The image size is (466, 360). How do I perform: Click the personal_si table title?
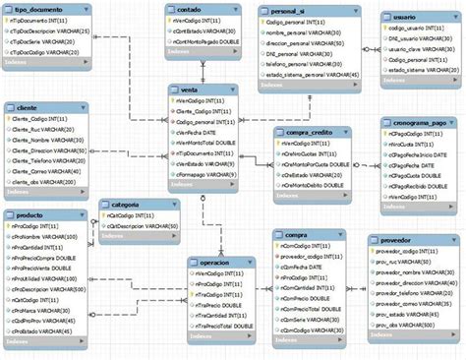tap(286, 9)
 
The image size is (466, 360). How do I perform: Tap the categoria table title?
tap(125, 204)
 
